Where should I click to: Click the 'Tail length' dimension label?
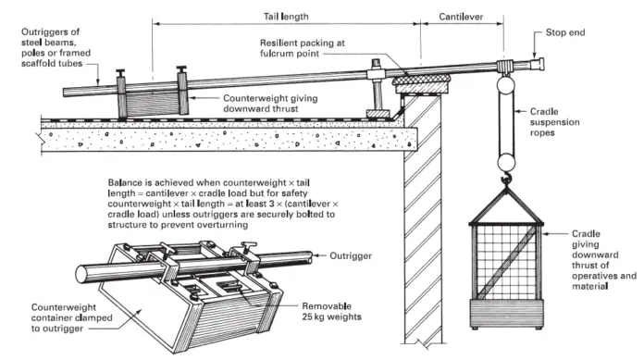(x=284, y=16)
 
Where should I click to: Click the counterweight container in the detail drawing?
(x=194, y=305)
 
